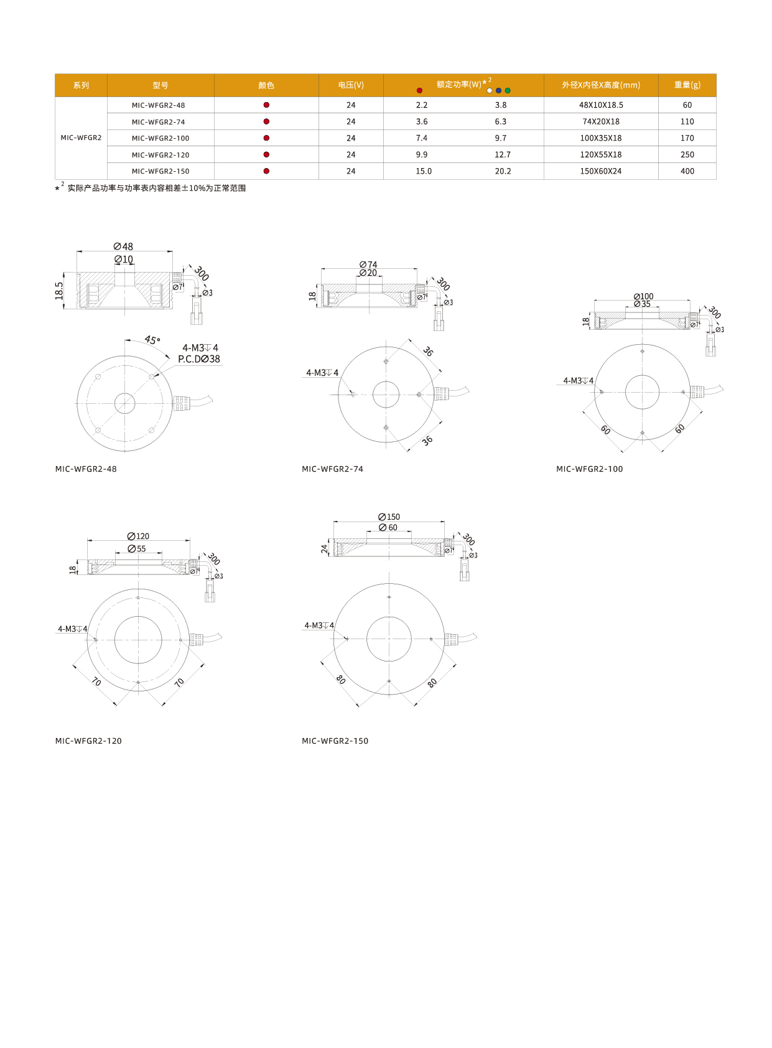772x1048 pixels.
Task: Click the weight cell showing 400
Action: pyautogui.click(x=687, y=171)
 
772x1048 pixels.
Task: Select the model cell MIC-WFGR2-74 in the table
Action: pyautogui.click(x=158, y=122)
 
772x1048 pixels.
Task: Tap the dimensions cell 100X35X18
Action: pyautogui.click(x=601, y=138)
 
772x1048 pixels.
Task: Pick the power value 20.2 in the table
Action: pyautogui.click(x=503, y=171)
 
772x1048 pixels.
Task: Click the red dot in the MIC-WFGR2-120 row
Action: pyautogui.click(x=266, y=154)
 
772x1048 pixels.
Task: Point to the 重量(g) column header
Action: pyautogui.click(x=687, y=85)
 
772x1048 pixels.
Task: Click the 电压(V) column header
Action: pyautogui.click(x=351, y=85)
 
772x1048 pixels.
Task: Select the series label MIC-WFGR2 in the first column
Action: pyautogui.click(x=81, y=138)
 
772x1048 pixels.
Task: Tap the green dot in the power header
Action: pyautogui.click(x=508, y=90)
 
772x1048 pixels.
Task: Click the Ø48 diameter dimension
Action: pyautogui.click(x=123, y=246)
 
